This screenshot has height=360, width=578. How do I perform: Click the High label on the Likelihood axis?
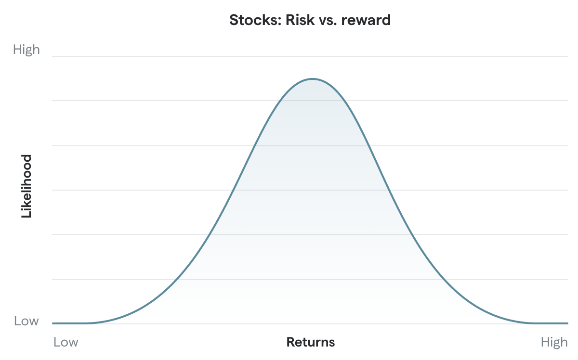pyautogui.click(x=26, y=50)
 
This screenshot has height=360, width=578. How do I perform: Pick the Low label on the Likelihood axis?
pyautogui.click(x=26, y=321)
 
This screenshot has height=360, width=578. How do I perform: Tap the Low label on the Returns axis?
pyautogui.click(x=66, y=342)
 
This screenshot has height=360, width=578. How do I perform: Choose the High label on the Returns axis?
pyautogui.click(x=554, y=342)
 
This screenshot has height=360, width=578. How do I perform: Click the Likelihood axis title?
pyautogui.click(x=26, y=186)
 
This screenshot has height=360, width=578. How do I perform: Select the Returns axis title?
pyautogui.click(x=311, y=342)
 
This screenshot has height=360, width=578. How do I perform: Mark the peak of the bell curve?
pyautogui.click(x=313, y=78)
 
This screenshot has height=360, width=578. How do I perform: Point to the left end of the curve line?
pyautogui.click(x=53, y=323)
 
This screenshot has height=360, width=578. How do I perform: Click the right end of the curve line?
pyautogui.click(x=567, y=323)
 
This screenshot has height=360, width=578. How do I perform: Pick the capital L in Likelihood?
pyautogui.click(x=26, y=215)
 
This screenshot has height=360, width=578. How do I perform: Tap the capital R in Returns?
pyautogui.click(x=290, y=342)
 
